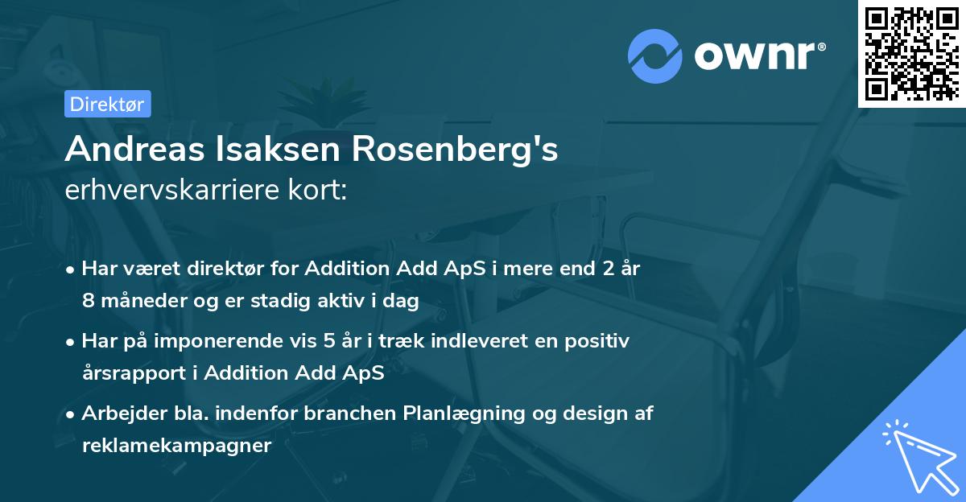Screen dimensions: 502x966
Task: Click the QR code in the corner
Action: pos(912,53)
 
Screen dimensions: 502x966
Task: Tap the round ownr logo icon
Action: pos(655,56)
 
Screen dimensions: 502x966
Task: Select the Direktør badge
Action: pos(107,104)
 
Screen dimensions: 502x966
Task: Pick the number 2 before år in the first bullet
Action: pos(597,269)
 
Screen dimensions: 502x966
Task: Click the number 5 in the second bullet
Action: pos(328,341)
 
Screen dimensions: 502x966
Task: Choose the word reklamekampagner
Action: pos(176,445)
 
